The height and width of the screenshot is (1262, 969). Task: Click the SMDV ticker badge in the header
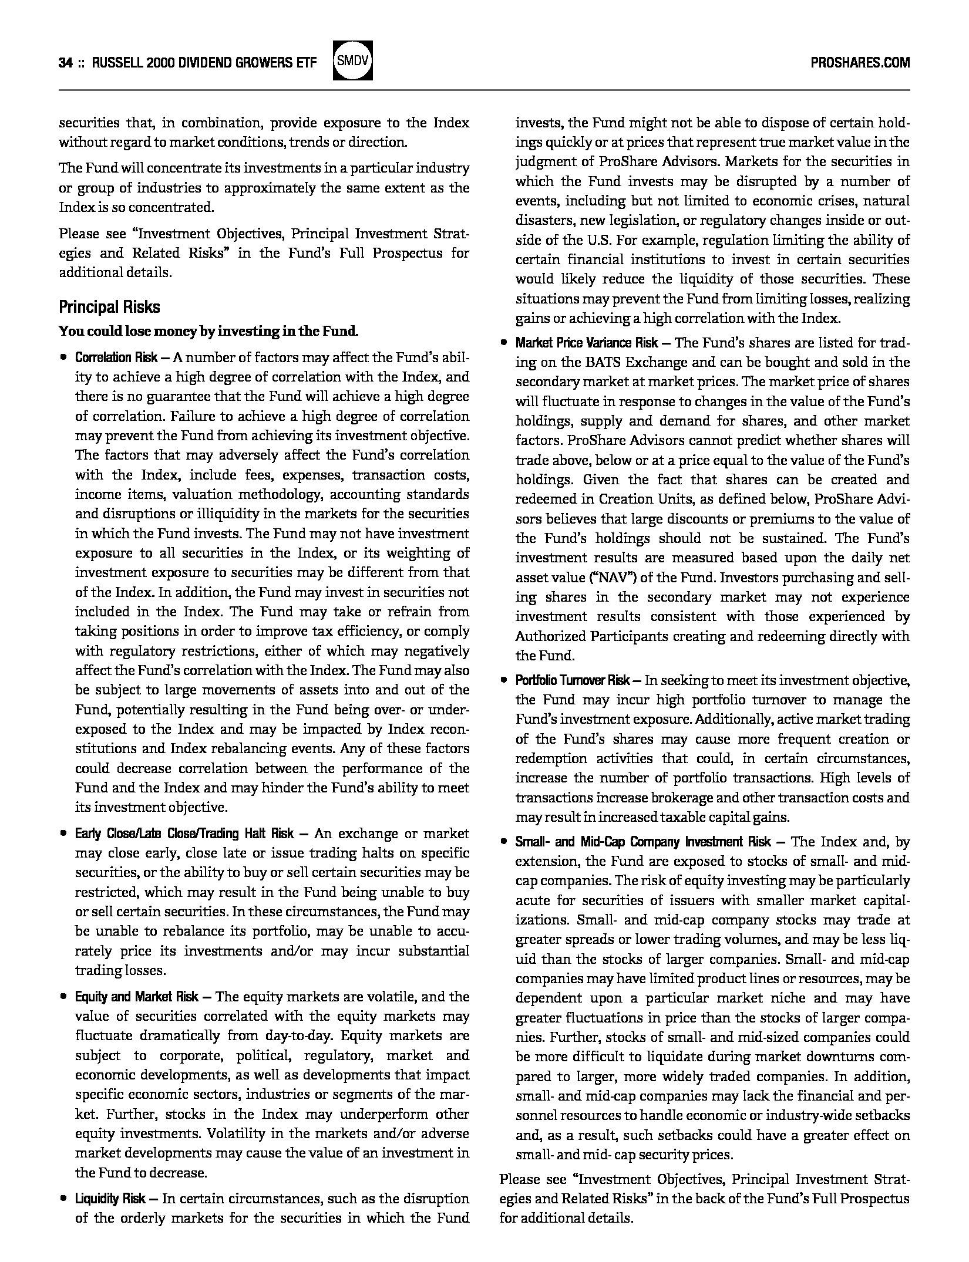[352, 61]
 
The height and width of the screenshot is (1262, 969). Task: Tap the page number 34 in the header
[65, 63]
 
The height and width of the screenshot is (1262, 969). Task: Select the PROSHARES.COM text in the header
[860, 63]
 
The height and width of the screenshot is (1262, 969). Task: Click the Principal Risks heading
[109, 307]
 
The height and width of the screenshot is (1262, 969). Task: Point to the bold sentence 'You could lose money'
[208, 331]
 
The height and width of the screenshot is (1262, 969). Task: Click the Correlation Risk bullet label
[116, 357]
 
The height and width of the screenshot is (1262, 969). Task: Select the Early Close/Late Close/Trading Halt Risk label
[184, 834]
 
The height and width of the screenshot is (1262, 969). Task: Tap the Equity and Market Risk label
[136, 997]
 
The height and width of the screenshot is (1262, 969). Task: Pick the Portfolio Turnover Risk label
[573, 680]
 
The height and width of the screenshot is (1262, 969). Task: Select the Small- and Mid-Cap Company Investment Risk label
[642, 842]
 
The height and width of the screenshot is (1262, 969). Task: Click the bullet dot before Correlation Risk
[62, 357]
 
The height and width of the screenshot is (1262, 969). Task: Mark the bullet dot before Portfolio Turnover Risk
[503, 680]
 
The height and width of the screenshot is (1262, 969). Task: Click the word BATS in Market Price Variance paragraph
[602, 362]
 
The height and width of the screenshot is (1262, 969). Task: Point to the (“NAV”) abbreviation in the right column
[613, 578]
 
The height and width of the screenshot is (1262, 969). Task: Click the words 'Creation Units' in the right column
[639, 500]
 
